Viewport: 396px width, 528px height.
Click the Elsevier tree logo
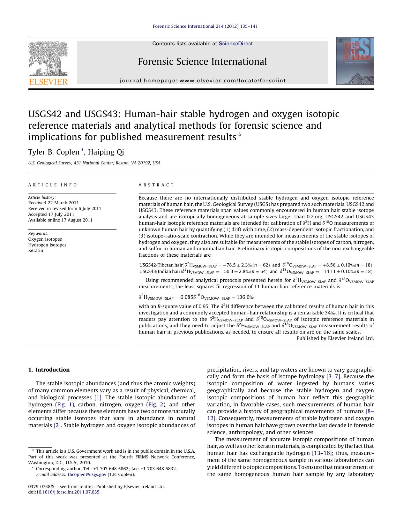pos(48,58)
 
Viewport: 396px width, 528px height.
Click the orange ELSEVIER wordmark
pos(48,82)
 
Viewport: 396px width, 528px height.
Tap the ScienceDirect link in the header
pos(235,44)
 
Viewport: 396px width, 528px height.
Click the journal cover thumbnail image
pos(355,61)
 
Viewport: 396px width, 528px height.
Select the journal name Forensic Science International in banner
pos(202,62)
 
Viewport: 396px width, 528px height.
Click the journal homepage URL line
pos(203,81)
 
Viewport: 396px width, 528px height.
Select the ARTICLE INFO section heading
pos(53,185)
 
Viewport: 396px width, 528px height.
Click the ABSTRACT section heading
pos(156,185)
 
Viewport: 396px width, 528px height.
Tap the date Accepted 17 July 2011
pos(51,214)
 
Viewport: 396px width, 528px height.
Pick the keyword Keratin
pos(35,250)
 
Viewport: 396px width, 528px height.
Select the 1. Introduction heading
pos(49,370)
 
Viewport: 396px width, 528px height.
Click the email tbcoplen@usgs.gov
pos(87,474)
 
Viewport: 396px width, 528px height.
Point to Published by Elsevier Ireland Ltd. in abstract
pos(335,338)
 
